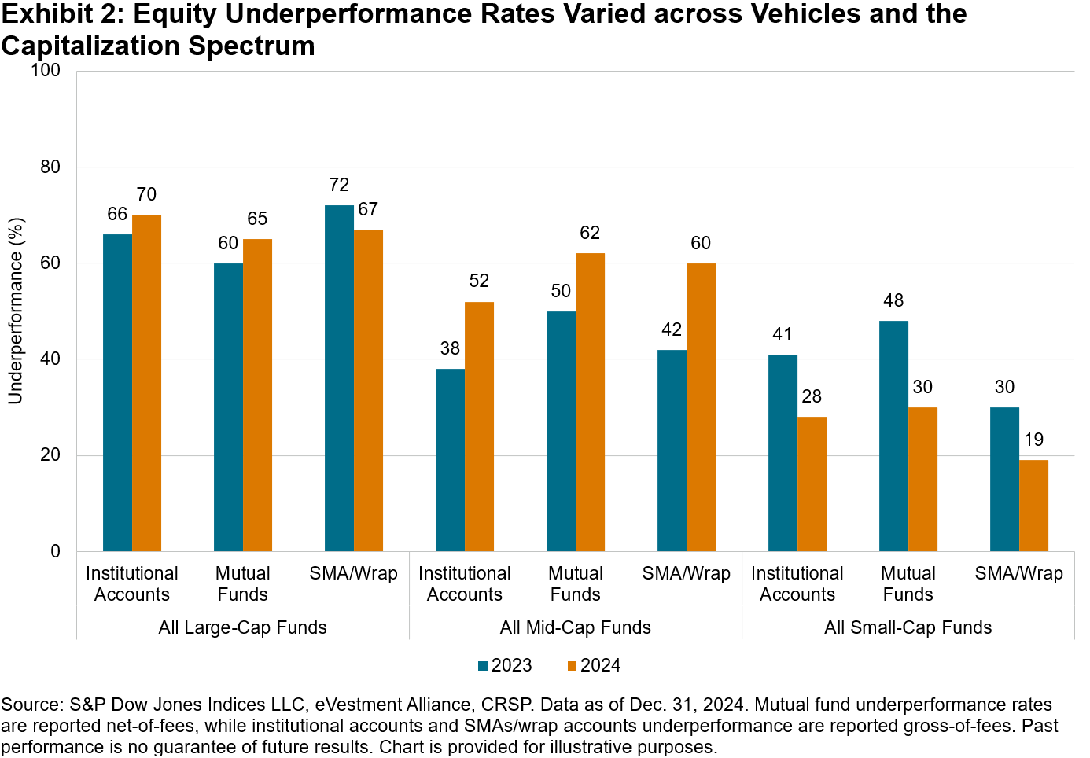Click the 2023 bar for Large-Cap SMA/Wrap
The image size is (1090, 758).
tap(339, 377)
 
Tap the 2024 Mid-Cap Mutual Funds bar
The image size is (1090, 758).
tap(590, 402)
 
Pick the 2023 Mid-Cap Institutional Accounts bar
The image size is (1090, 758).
tap(450, 459)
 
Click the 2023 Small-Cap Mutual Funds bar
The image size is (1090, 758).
tap(893, 436)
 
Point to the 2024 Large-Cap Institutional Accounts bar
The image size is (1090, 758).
tap(146, 382)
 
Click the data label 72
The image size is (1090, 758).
tap(339, 185)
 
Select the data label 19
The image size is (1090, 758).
tap(1033, 440)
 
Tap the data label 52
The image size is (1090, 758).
tap(479, 281)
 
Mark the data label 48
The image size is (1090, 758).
tap(893, 300)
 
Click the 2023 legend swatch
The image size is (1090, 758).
tap(483, 666)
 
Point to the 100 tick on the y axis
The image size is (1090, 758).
tap(46, 71)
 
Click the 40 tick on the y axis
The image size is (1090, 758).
tap(50, 359)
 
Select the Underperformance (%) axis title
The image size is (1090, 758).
tap(15, 311)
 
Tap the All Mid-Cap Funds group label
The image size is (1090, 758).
tap(576, 627)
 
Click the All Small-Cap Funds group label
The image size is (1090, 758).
tap(908, 627)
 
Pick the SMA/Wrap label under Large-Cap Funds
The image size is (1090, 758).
tap(354, 573)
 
